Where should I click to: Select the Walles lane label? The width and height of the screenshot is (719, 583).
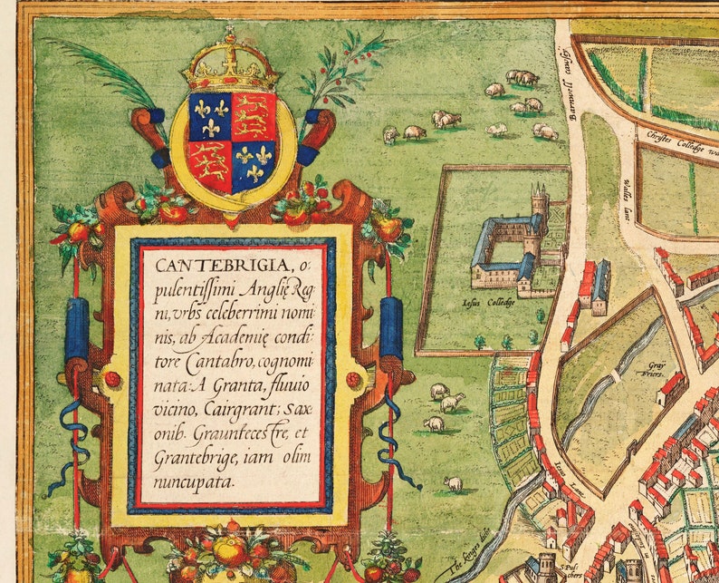point(627,193)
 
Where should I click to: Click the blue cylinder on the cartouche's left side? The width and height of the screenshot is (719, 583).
point(77,331)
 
